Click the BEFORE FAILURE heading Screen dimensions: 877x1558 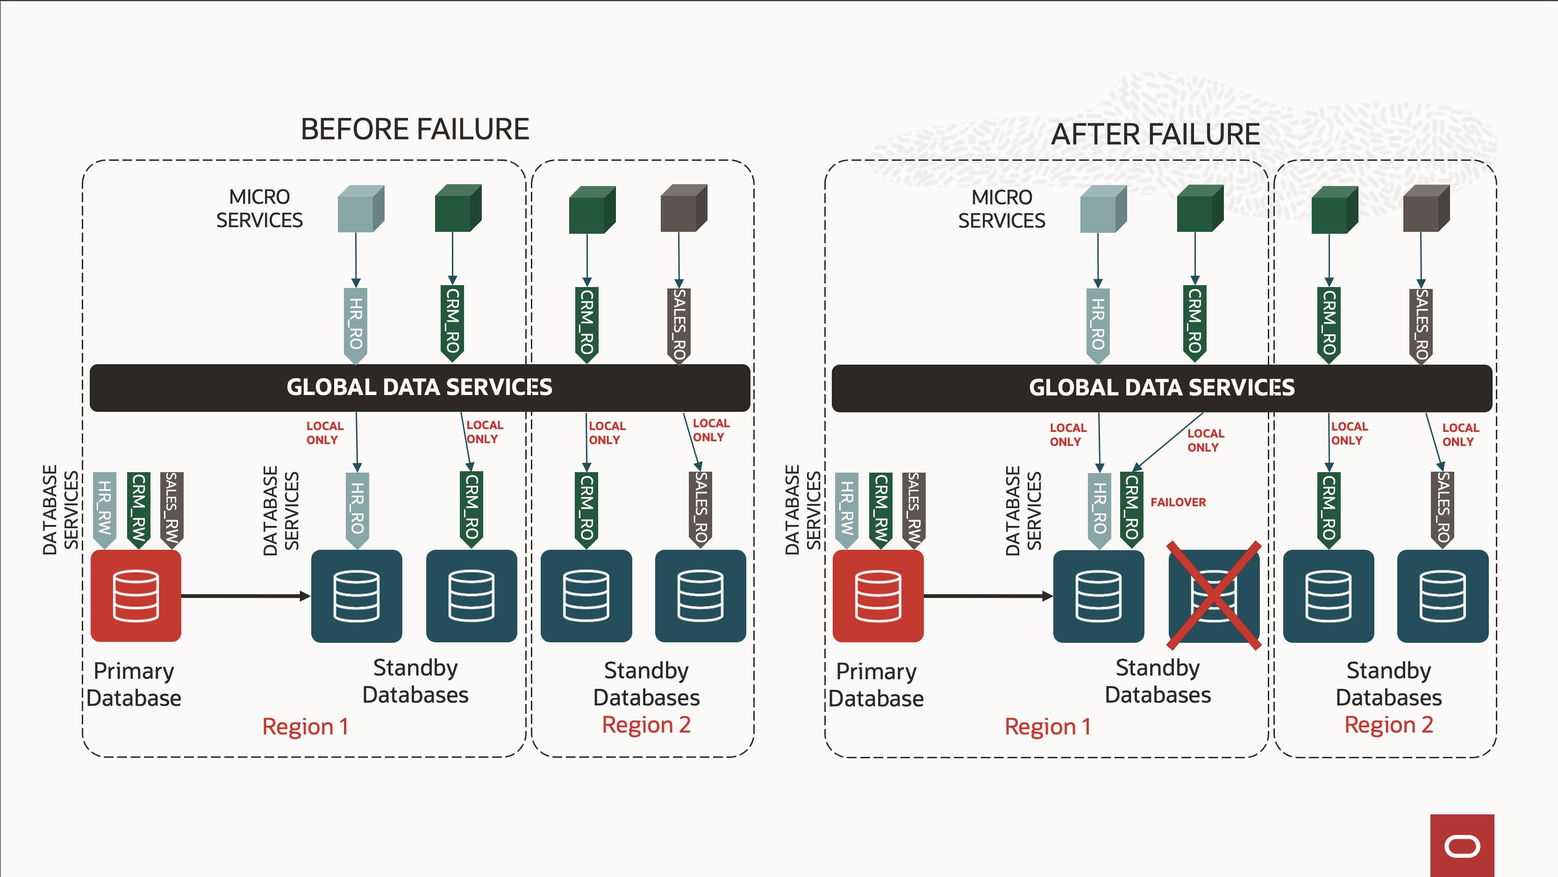[x=415, y=129]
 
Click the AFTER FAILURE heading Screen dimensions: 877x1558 [x=1155, y=134]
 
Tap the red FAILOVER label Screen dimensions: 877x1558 [x=1178, y=503]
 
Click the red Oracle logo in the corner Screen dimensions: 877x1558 [x=1462, y=846]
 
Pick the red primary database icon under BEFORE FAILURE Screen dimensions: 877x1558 [x=136, y=596]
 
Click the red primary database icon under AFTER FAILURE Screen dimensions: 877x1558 [x=878, y=596]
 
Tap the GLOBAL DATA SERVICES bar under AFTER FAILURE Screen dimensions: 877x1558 [x=1161, y=388]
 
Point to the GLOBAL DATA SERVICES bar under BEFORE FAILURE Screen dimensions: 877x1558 [x=419, y=388]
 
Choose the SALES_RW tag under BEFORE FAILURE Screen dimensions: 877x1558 [x=172, y=509]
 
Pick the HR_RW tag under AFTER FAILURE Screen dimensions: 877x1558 [x=846, y=509]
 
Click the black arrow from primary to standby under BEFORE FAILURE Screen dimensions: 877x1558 [x=245, y=596]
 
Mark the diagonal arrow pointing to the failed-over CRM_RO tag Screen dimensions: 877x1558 [x=1167, y=442]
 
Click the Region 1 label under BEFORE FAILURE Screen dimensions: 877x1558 [x=306, y=726]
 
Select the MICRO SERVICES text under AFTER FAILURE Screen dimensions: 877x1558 [x=1001, y=209]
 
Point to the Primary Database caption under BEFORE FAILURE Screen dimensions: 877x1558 [x=134, y=684]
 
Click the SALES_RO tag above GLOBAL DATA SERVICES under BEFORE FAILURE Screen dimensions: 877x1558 [x=679, y=325]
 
